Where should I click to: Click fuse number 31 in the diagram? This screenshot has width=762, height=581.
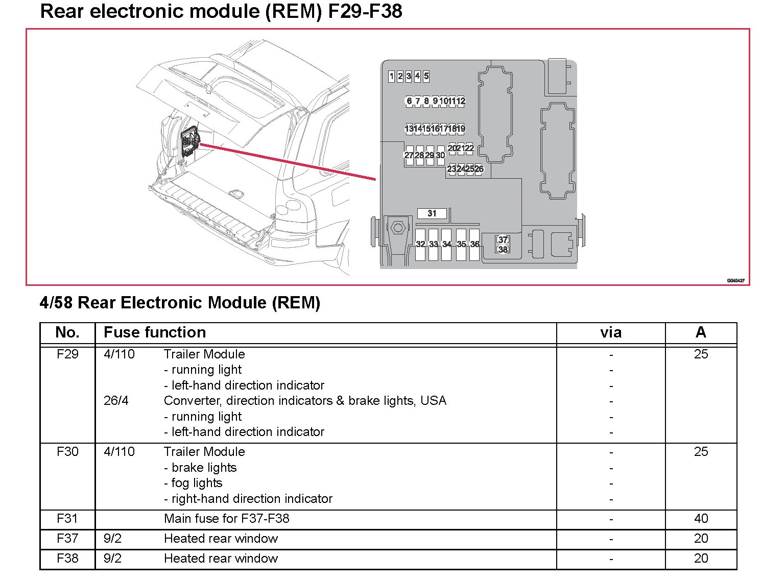(432, 213)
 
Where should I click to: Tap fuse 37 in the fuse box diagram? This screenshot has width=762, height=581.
(503, 239)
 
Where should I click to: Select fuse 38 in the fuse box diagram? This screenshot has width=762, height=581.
(503, 250)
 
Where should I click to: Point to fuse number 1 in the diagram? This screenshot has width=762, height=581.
(392, 77)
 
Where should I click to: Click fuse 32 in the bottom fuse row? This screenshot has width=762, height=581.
(420, 245)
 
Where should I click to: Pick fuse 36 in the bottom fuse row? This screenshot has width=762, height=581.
(474, 245)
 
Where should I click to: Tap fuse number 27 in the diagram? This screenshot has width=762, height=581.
(409, 155)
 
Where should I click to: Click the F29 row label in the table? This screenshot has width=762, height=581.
(67, 354)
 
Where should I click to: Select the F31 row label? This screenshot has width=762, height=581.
(67, 519)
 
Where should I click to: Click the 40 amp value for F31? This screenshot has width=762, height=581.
(701, 519)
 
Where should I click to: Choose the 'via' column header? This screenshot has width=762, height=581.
(611, 333)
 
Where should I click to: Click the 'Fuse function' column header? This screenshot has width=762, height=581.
(155, 332)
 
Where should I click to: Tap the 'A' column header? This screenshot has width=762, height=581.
(701, 332)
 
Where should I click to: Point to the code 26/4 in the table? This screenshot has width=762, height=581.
(116, 401)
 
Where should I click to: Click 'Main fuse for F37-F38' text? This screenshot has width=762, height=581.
(226, 519)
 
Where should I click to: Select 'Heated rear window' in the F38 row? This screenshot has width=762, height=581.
(221, 559)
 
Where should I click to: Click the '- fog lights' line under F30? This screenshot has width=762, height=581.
(193, 483)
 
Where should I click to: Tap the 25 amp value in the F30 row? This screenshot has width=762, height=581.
(701, 452)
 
